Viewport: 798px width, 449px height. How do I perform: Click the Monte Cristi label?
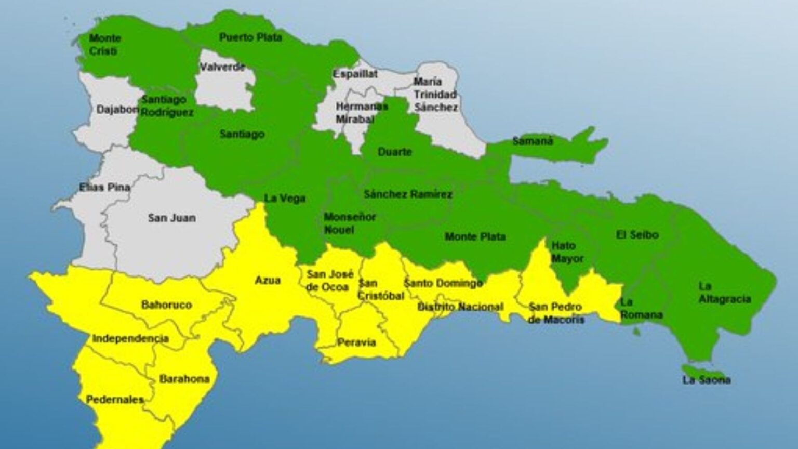(x=104, y=45)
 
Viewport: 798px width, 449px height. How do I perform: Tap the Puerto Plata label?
(x=250, y=37)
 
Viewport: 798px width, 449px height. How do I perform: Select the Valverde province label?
(x=222, y=67)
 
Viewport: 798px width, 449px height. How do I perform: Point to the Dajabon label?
(x=117, y=110)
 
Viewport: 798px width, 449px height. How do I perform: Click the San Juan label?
(x=171, y=218)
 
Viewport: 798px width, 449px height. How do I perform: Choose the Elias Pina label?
(x=104, y=187)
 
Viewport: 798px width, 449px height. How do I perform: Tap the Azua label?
(x=268, y=281)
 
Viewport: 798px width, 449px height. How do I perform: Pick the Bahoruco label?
(x=166, y=305)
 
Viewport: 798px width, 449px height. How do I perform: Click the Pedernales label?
(x=114, y=400)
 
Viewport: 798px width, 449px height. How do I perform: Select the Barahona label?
(x=184, y=379)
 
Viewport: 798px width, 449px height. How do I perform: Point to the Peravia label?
(x=356, y=342)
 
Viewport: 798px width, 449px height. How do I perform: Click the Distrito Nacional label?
(x=460, y=307)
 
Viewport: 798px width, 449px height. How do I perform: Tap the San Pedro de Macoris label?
(x=555, y=313)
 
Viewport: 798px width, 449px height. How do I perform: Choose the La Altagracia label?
(x=724, y=293)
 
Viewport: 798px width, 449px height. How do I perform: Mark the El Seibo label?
(x=637, y=235)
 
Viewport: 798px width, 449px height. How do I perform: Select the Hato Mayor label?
(x=567, y=252)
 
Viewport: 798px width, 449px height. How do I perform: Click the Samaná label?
(x=533, y=141)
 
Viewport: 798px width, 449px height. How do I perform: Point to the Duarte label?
(x=395, y=152)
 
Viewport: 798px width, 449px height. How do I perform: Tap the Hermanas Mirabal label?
(x=362, y=113)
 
